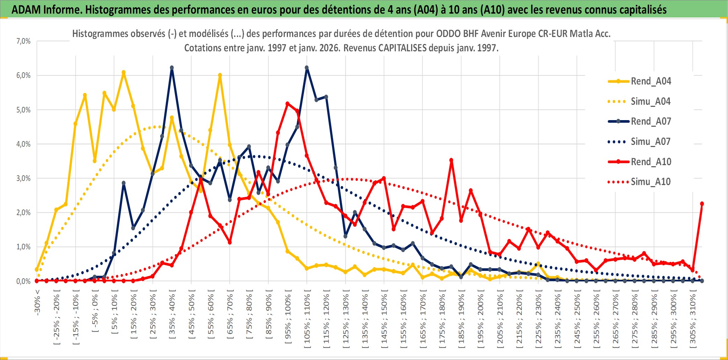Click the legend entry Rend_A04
click(x=651, y=81)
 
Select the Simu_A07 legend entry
click(x=651, y=142)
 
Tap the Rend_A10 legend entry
click(x=651, y=162)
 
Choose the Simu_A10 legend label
click(x=651, y=182)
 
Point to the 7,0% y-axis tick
click(x=23, y=41)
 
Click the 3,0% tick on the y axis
click(x=23, y=178)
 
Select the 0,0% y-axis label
click(x=23, y=281)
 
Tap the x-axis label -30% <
click(x=37, y=302)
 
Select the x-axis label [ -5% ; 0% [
click(x=95, y=313)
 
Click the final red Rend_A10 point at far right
click(x=702, y=204)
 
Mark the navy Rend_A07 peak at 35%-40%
click(x=172, y=68)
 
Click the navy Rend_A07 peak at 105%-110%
click(x=306, y=68)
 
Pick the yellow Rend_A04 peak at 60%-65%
click(x=220, y=75)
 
